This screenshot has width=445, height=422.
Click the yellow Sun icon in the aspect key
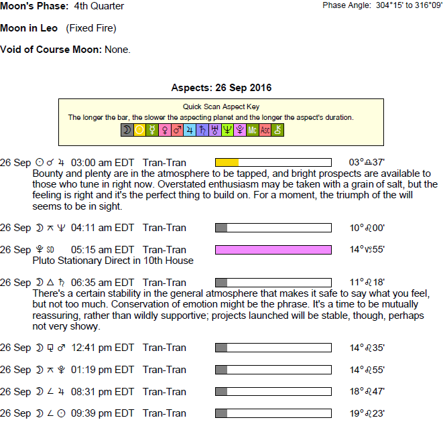139,130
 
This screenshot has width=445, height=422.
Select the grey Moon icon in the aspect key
127,130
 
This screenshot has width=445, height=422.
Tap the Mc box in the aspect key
253,130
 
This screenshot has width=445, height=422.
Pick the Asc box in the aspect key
265,130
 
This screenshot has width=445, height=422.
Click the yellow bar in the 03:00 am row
227,163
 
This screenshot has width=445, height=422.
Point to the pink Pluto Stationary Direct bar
273,250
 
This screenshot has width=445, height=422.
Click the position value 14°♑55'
367,250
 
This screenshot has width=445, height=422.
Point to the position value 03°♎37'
367,163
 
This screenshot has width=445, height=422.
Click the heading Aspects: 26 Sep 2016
221,88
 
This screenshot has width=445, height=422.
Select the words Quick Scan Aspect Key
221,107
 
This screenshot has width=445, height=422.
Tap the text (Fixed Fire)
91,28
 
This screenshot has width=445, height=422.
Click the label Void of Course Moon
51,50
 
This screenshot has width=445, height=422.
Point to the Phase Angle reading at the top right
382,6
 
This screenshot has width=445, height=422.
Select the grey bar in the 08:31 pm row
221,392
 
